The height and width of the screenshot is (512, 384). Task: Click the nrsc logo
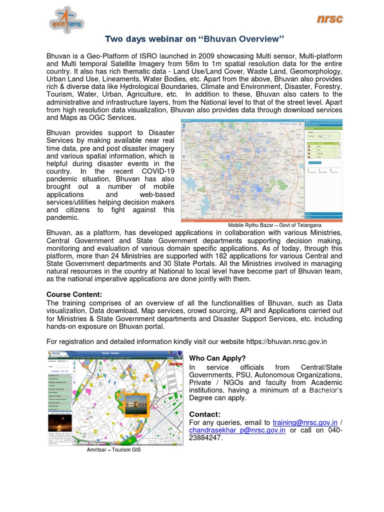(x=329, y=19)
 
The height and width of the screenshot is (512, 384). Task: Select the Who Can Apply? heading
(x=217, y=358)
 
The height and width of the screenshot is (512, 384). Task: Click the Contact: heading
(x=204, y=414)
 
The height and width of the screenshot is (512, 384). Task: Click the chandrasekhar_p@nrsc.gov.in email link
(x=237, y=430)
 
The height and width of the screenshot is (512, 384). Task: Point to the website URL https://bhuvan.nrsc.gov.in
(x=286, y=341)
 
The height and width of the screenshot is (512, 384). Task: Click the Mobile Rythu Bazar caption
(x=274, y=225)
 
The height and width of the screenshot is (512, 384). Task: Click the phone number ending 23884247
(x=205, y=438)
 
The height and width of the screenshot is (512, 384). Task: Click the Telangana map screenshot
(x=261, y=170)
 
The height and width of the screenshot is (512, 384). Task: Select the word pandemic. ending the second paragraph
(x=62, y=217)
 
